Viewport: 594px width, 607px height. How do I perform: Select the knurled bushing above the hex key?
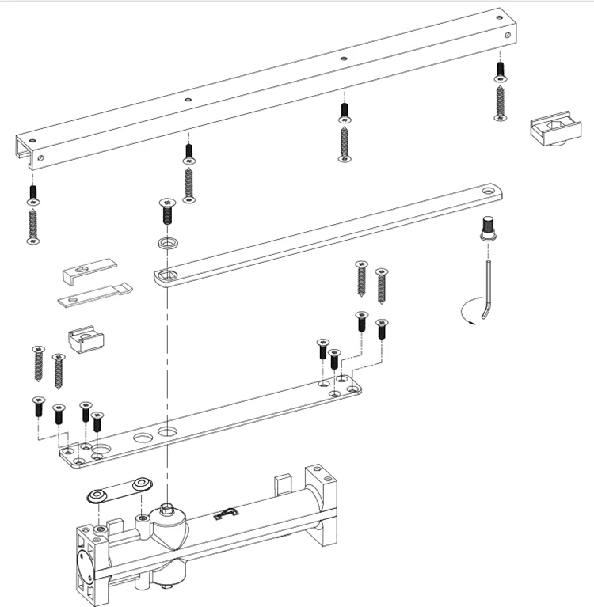pyautogui.click(x=488, y=230)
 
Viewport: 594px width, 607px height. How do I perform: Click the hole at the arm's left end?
pyautogui.click(x=166, y=276)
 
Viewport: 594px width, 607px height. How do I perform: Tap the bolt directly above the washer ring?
pyautogui.click(x=167, y=211)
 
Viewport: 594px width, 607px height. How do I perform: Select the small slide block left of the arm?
pyautogui.click(x=86, y=340)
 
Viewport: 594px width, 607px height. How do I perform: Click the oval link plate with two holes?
pyautogui.click(x=119, y=488)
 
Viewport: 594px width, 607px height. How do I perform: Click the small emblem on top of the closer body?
pyautogui.click(x=226, y=514)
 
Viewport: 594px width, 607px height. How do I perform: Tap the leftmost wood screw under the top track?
pyautogui.click(x=32, y=225)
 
